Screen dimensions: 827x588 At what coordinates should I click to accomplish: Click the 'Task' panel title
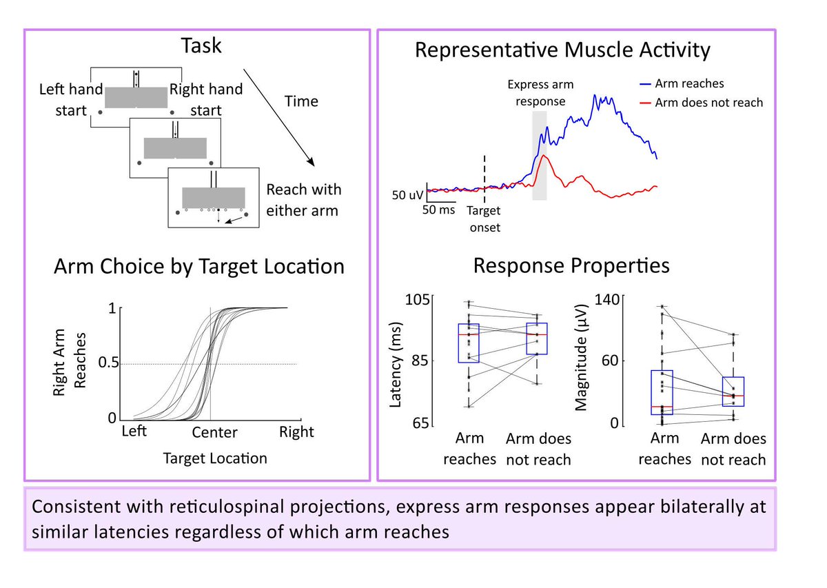click(x=201, y=45)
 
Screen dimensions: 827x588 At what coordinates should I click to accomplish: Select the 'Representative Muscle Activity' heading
click(x=562, y=50)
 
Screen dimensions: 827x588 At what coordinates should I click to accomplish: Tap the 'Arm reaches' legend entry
click(x=682, y=84)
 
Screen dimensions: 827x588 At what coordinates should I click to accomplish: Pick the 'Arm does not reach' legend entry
click(x=701, y=103)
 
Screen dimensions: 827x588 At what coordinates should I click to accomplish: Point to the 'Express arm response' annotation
click(x=540, y=92)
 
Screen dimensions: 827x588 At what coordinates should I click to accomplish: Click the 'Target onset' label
click(x=484, y=219)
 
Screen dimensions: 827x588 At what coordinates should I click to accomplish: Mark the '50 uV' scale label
click(x=407, y=195)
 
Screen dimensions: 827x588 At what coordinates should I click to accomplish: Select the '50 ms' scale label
click(x=438, y=210)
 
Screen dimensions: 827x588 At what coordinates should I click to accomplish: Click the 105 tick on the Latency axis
click(x=417, y=300)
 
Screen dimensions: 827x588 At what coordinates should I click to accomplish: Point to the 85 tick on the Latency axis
click(x=421, y=361)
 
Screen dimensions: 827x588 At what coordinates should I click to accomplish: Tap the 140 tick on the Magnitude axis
click(x=606, y=300)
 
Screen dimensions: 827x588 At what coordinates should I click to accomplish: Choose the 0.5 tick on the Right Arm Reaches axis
click(x=109, y=363)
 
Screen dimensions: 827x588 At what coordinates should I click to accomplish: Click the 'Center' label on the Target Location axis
click(x=214, y=432)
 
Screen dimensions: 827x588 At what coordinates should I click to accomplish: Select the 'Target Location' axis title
click(x=215, y=458)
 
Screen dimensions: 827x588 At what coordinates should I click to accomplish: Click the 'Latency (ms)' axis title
click(x=395, y=365)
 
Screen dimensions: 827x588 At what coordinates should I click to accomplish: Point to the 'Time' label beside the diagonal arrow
click(x=301, y=101)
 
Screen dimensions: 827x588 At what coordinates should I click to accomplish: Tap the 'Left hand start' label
click(x=71, y=100)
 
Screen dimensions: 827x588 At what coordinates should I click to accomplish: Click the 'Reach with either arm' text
click(x=303, y=200)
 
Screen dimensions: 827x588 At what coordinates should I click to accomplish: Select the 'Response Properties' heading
click(x=571, y=266)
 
